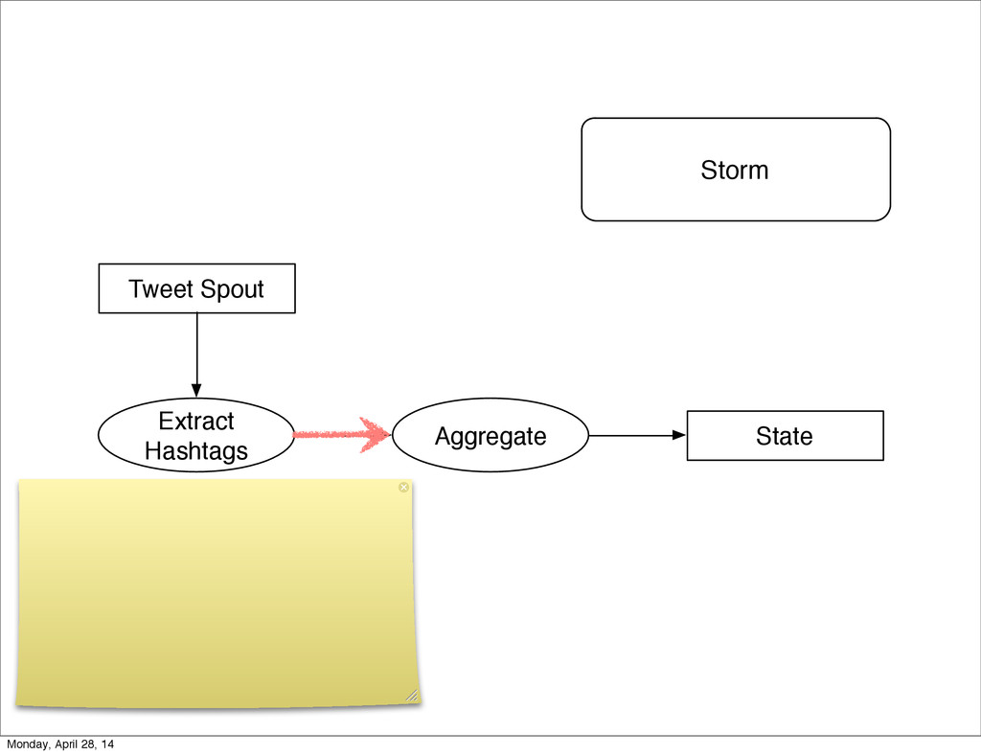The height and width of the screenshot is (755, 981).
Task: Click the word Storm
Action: coord(735,171)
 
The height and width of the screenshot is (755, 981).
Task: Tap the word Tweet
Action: coord(161,289)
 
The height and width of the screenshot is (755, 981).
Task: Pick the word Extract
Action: coord(196,422)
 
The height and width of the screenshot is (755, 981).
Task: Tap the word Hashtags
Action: coord(196,451)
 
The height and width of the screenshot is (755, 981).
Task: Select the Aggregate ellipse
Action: coord(490,436)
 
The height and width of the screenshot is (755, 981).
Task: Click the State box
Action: coord(785,436)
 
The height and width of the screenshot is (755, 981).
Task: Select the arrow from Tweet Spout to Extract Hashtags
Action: coord(196,350)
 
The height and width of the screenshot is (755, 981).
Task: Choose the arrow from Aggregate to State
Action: coord(632,435)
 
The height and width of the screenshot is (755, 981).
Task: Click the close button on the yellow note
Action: coord(403,488)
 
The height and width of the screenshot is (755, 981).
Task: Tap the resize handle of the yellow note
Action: coord(412,695)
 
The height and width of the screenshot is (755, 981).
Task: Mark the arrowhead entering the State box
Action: coord(680,435)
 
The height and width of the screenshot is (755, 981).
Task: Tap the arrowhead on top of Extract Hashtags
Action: coord(196,390)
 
